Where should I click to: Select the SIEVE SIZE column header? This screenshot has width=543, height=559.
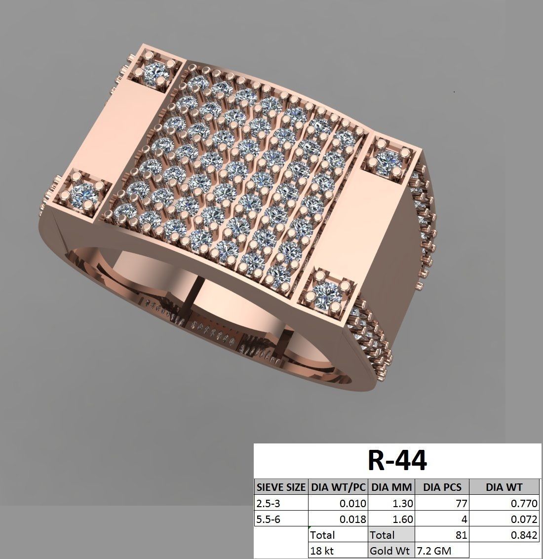[x=280, y=487]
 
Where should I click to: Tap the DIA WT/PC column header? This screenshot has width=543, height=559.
[x=338, y=487]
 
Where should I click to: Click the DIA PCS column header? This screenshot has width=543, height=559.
[x=442, y=487]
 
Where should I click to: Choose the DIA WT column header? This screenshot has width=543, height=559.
[x=504, y=487]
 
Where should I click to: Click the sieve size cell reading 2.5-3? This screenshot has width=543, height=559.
[x=267, y=504]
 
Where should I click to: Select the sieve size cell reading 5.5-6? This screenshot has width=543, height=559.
[x=267, y=519]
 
